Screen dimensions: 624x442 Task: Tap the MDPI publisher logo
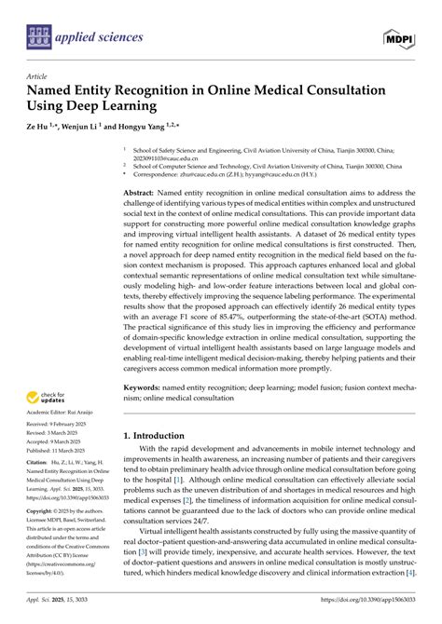coord(400,38)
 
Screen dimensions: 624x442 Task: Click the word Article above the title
coord(37,78)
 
